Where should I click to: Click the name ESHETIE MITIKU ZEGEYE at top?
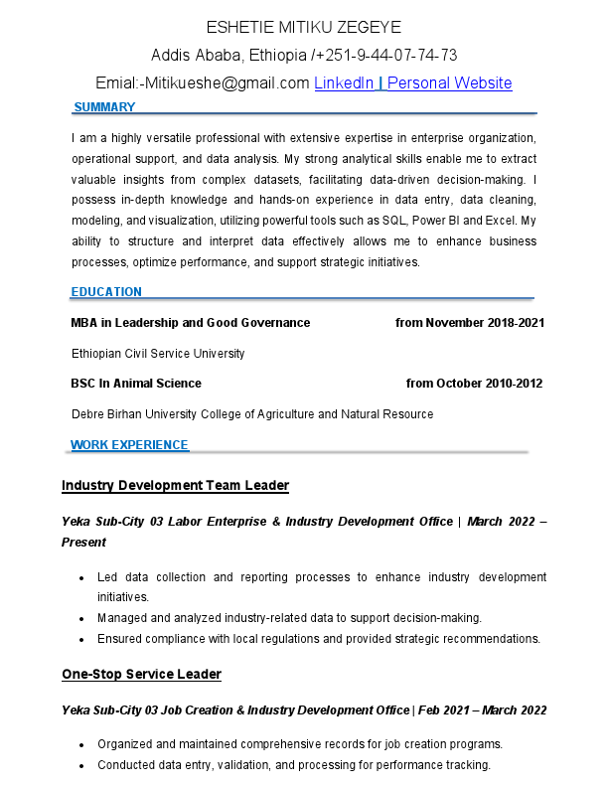[x=304, y=27]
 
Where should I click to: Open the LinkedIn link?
[x=345, y=83]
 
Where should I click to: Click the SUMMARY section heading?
[x=104, y=107]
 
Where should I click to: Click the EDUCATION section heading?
[x=106, y=292]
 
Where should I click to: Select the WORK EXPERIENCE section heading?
[x=129, y=445]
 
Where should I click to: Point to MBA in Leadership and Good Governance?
[x=191, y=323]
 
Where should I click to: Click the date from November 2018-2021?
[x=470, y=323]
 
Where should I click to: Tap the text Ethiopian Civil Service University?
[x=158, y=354]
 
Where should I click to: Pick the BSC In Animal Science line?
[x=136, y=384]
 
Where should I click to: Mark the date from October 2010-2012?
[x=474, y=384]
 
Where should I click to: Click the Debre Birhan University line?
[x=252, y=414]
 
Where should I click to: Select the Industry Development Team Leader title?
[x=175, y=486]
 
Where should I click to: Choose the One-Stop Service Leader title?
[x=141, y=675]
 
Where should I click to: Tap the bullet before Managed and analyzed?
[x=80, y=618]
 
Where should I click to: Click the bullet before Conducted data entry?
[x=80, y=766]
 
